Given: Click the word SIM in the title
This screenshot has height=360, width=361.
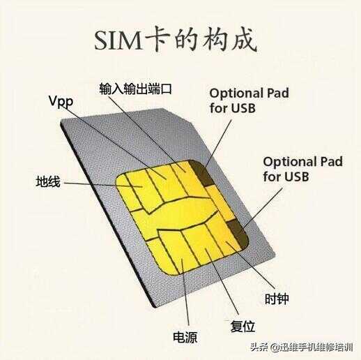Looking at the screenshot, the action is pos(118,40).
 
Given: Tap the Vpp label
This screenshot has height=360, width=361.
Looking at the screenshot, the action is pos(61,101).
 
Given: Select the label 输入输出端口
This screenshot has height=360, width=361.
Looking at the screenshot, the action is pos(135,89).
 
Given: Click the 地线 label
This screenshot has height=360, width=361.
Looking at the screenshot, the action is pos(48,181).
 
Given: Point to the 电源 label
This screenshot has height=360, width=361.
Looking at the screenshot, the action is pos(185,338).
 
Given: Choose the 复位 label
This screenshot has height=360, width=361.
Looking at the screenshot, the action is pos(243,327).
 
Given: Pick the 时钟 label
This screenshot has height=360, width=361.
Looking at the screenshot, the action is pos(277,299).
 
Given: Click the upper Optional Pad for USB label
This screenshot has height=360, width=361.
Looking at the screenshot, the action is pos(249,100).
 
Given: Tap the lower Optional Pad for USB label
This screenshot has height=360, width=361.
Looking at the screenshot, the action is pos(302,169).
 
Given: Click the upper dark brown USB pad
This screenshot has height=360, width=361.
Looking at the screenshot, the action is pos(200,173).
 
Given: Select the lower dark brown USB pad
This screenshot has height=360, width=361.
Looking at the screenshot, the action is pos(238,233).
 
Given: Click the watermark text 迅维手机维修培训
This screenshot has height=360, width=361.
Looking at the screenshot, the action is pos(316,347).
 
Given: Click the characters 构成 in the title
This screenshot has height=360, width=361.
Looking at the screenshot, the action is pos(229,40).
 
